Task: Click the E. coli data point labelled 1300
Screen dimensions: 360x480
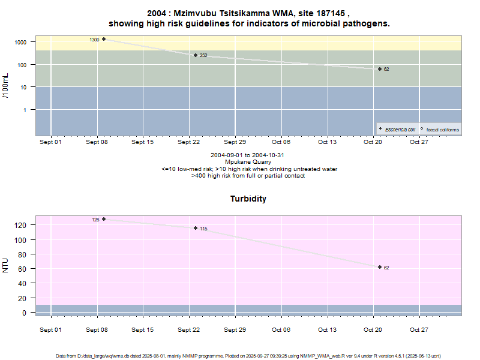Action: click(104, 39)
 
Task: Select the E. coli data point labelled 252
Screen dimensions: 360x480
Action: click(196, 55)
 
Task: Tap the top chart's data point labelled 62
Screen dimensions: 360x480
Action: click(380, 69)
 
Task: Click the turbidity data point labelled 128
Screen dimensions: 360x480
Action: click(104, 219)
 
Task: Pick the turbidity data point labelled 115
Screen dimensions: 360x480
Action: click(196, 228)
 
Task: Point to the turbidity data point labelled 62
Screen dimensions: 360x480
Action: click(380, 267)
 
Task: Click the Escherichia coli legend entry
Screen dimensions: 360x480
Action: click(400, 130)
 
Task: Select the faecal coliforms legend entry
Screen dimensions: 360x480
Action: click(442, 130)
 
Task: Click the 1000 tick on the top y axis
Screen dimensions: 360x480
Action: click(21, 42)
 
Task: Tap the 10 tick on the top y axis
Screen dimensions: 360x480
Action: click(23, 87)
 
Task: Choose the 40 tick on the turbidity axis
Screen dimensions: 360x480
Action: click(23, 284)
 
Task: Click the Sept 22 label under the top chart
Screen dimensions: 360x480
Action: click(189, 142)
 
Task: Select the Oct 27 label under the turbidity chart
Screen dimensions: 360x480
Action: click(418, 329)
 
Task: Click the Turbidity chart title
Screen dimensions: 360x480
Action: click(248, 199)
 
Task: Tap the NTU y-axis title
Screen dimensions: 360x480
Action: click(6, 265)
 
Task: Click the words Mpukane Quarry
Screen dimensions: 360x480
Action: click(248, 162)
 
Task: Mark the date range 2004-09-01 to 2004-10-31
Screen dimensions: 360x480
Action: click(248, 155)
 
